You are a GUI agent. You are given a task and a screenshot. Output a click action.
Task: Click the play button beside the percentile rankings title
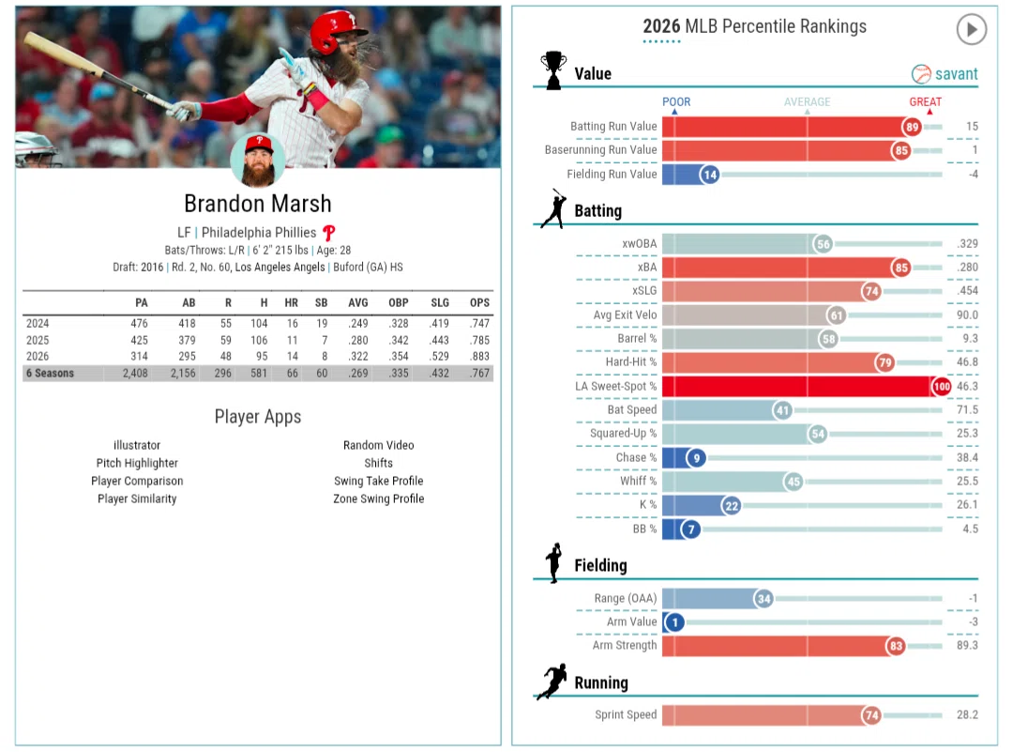971,29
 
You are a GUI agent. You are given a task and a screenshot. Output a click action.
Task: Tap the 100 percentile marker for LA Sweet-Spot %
942,387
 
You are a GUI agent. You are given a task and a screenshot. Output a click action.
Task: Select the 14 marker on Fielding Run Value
710,175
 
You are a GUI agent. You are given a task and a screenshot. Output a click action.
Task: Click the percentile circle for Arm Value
674,622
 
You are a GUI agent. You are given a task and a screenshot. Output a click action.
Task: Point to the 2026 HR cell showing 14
292,356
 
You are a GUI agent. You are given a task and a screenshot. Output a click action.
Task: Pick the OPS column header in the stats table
479,302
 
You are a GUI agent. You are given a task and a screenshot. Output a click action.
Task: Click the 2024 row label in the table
38,323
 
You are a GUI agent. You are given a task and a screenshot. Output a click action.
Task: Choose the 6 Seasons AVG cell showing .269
358,373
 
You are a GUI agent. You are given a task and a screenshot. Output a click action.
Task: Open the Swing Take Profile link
379,481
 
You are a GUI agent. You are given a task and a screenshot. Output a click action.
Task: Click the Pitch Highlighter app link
137,463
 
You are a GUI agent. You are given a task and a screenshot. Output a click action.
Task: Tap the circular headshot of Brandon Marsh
259,161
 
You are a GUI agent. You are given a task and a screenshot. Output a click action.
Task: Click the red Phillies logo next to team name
329,233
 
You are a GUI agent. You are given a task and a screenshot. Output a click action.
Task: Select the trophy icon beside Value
553,69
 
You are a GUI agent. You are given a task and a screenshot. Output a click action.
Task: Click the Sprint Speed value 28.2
967,715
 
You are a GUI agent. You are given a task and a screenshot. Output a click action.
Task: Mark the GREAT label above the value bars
925,102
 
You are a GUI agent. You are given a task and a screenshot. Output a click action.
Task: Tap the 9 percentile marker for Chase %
696,458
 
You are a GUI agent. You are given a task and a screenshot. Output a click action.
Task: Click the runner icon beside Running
552,681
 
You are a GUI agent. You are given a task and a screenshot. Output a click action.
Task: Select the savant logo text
956,74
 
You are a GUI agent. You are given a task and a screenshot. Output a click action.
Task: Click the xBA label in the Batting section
646,267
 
